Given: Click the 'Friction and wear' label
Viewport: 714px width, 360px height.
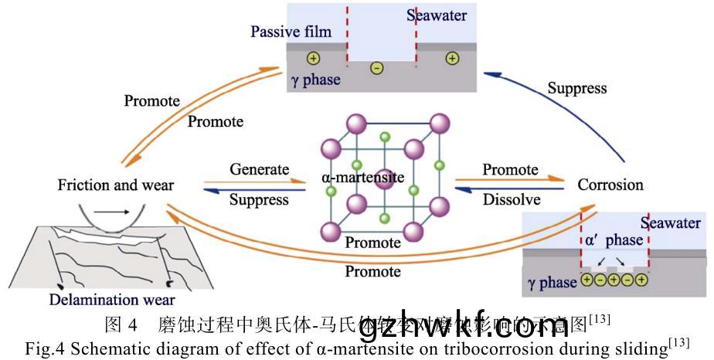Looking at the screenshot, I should [x=116, y=185].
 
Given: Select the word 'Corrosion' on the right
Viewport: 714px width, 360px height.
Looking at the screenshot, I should [x=610, y=185].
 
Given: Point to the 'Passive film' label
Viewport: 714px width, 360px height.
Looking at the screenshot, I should [x=291, y=32].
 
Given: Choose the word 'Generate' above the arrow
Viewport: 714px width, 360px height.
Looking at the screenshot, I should [x=259, y=169].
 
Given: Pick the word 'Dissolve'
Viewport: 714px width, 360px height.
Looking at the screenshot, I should [x=512, y=200].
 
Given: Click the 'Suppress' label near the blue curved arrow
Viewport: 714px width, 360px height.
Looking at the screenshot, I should [x=577, y=88].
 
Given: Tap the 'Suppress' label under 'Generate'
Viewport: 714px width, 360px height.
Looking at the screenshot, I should [x=260, y=200].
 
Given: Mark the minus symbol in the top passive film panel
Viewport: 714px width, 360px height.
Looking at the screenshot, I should [x=376, y=68].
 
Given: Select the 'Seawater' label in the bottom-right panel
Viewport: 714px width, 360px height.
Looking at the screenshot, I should [x=670, y=223].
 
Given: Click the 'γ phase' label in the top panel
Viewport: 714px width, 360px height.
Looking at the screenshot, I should [x=315, y=80].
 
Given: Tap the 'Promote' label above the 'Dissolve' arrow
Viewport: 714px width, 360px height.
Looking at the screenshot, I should [x=510, y=169].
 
